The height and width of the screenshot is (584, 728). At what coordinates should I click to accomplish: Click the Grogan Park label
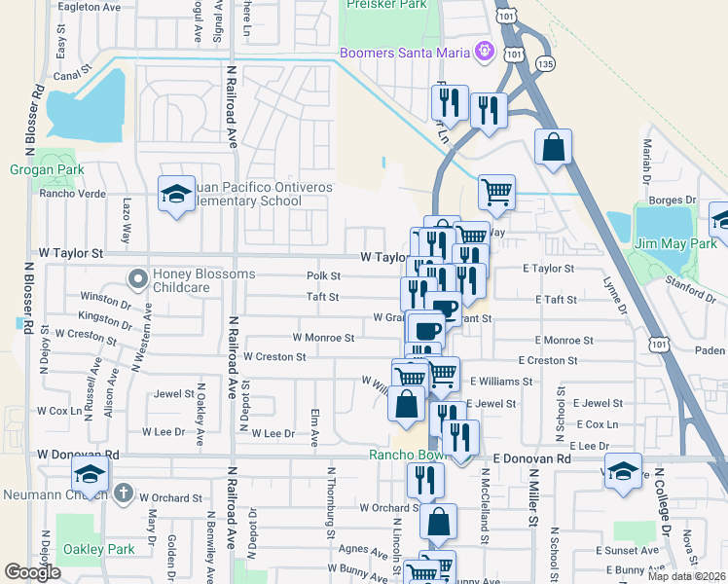pos(47,169)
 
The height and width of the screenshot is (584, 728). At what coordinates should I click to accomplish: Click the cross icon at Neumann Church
pos(122,493)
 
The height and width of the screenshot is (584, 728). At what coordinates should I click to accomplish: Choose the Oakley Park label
pos(98,549)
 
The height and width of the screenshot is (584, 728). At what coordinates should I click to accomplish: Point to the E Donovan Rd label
pos(531,457)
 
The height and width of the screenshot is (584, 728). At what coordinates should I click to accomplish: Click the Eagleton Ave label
pos(89,7)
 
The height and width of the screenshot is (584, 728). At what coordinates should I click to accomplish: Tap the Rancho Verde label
pos(72,193)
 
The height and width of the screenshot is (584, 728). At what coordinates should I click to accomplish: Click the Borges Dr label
pos(668,200)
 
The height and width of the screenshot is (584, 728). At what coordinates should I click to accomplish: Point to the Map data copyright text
pos(687,576)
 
